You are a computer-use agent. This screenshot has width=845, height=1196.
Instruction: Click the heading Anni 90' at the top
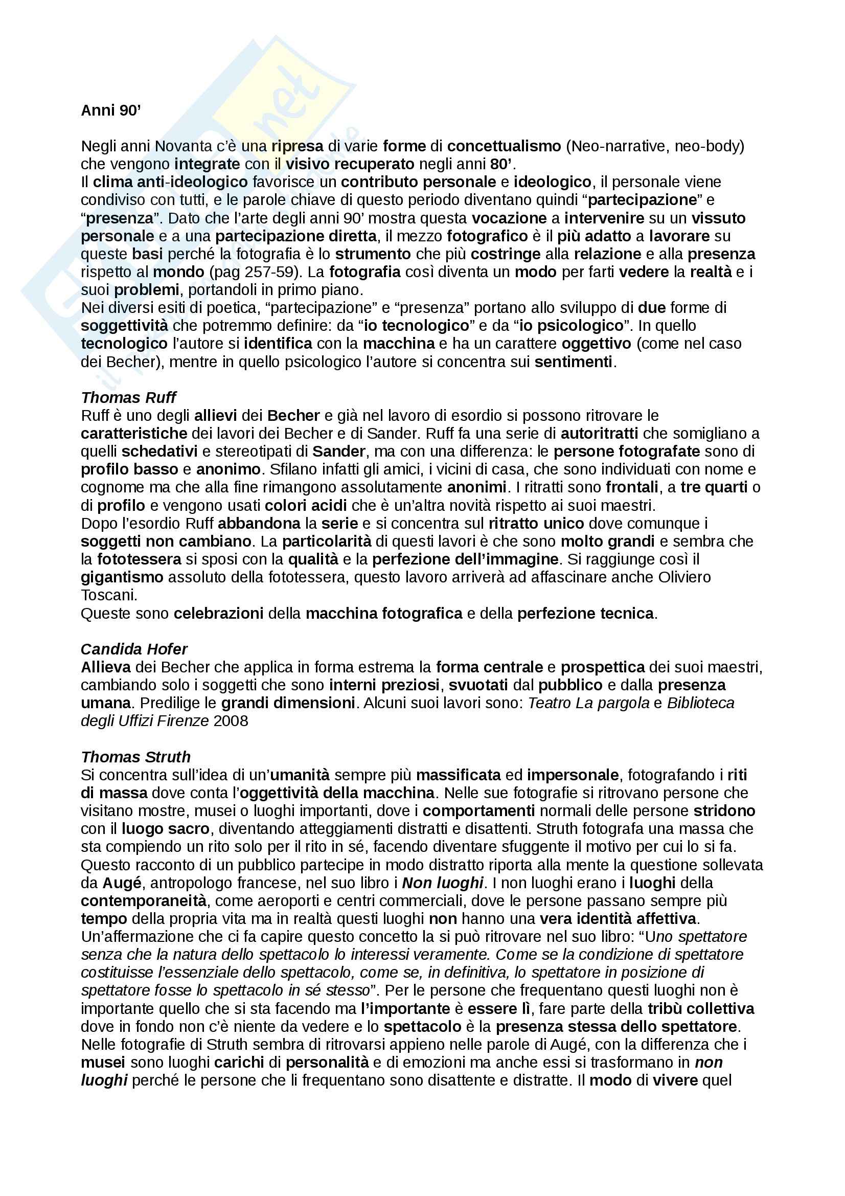point(111,110)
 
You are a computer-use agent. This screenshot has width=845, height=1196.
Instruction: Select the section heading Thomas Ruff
point(129,397)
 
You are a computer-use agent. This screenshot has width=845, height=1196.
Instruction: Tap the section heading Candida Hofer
point(134,649)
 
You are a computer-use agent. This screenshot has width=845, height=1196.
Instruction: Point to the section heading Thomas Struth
point(135,757)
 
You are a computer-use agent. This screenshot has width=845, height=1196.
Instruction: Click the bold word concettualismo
point(504,146)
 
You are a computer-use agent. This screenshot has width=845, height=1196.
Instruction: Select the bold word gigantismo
point(122,577)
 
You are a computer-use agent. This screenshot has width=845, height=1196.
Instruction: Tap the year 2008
point(231,721)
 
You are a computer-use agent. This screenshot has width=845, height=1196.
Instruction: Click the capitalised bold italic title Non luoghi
point(443,883)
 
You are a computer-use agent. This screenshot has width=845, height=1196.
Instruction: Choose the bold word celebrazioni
point(218,613)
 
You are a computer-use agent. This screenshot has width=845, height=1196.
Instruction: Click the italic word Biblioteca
point(700,703)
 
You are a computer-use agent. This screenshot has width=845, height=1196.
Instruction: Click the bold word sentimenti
point(573,362)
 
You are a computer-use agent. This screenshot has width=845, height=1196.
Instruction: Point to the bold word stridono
point(724,811)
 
